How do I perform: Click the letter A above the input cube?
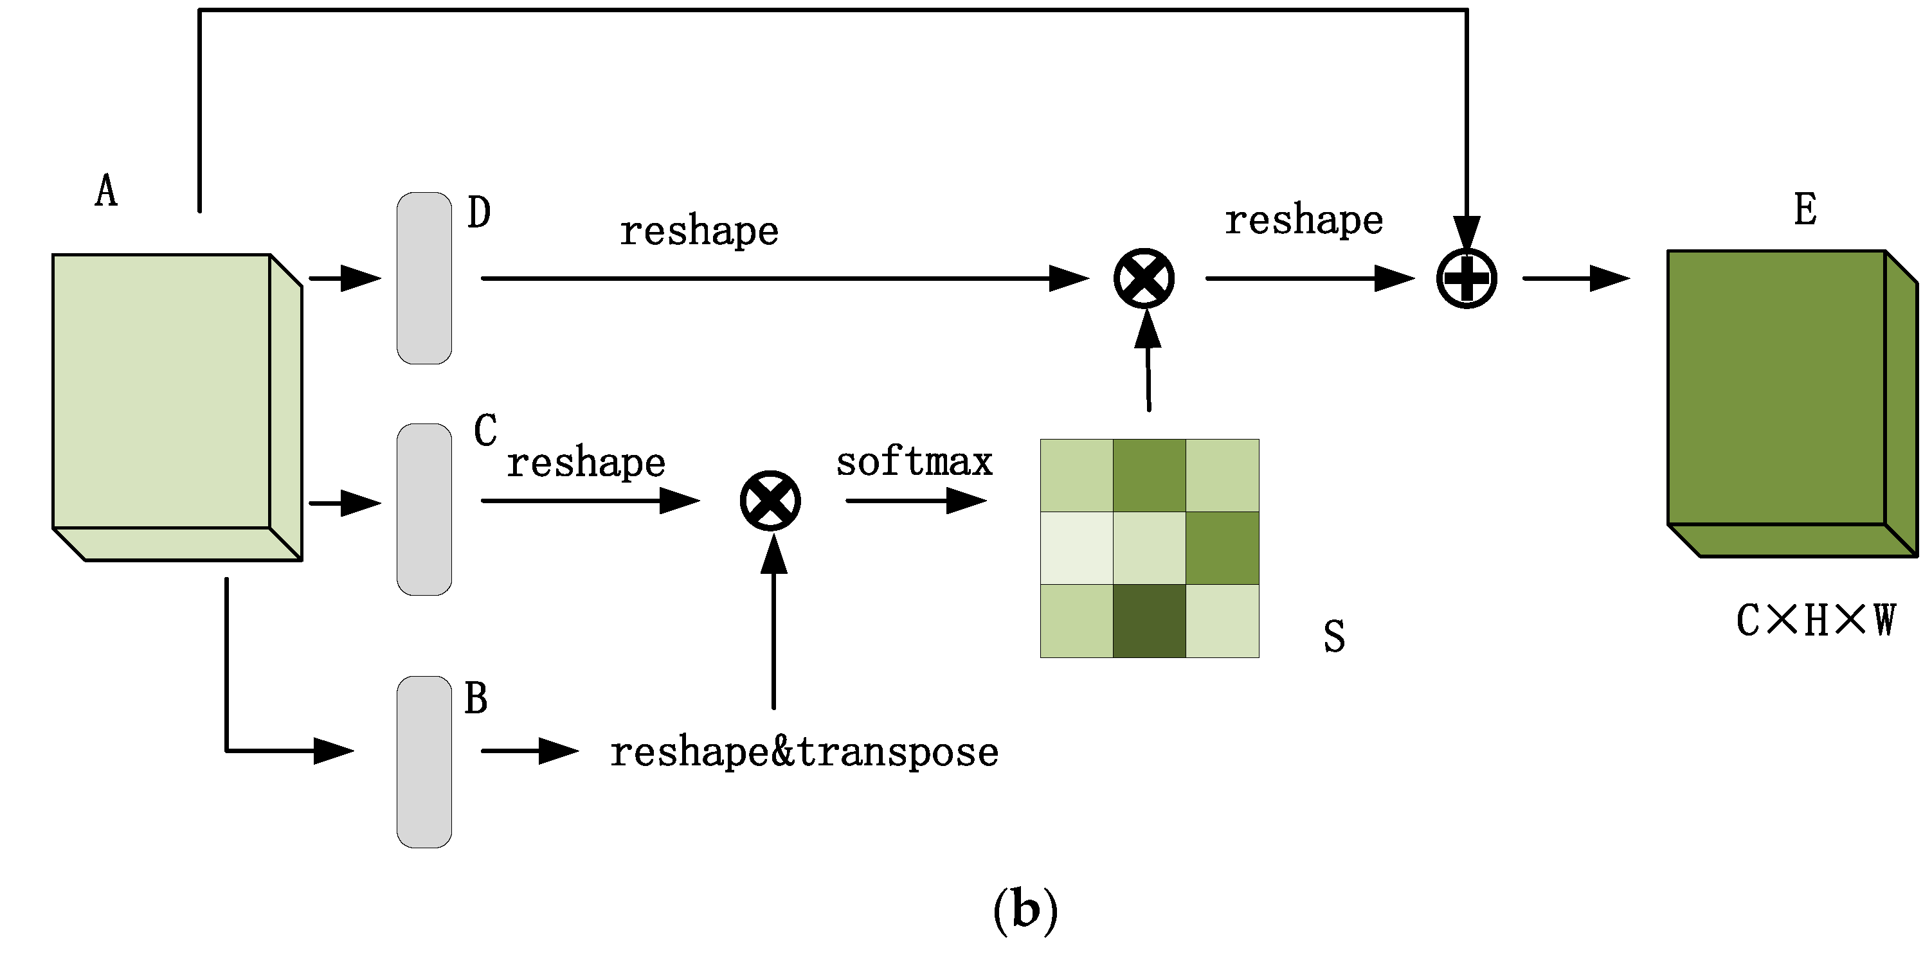(x=107, y=191)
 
